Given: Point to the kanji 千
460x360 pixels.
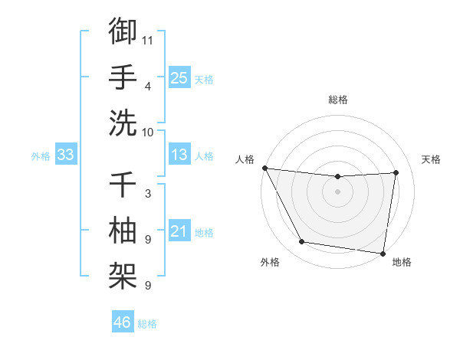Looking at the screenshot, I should pyautogui.click(x=123, y=185).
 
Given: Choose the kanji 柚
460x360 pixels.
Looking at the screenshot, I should pyautogui.click(x=123, y=230).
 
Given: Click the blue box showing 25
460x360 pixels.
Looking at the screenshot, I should pyautogui.click(x=179, y=77).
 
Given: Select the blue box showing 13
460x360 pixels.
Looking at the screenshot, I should pyautogui.click(x=179, y=155).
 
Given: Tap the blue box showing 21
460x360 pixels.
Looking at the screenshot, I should pyautogui.click(x=179, y=231).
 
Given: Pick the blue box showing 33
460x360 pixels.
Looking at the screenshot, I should pyautogui.click(x=66, y=155).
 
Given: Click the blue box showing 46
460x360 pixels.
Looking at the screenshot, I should pyautogui.click(x=122, y=322).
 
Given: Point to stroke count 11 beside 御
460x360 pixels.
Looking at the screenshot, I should pyautogui.click(x=148, y=38).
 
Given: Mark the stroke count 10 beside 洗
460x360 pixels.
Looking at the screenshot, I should pyautogui.click(x=148, y=131).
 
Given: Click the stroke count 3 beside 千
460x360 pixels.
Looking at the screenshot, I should pyautogui.click(x=148, y=193).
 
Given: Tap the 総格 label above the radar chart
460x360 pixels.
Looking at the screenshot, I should pyautogui.click(x=338, y=100).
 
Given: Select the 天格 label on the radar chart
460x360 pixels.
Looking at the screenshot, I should pyautogui.click(x=432, y=159).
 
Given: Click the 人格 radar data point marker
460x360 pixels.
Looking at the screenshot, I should pyautogui.click(x=264, y=168).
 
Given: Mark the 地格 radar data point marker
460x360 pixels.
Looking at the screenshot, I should pyautogui.click(x=383, y=253).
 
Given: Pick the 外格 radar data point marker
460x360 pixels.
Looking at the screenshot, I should pyautogui.click(x=301, y=243).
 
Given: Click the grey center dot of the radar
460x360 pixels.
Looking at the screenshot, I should pyautogui.click(x=338, y=191).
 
